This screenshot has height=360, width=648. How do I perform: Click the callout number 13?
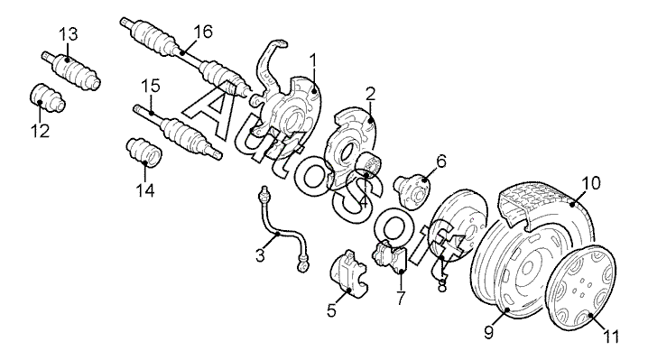[x=69, y=34]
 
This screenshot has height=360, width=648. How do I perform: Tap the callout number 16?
[x=203, y=32]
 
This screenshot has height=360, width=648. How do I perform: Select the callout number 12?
[x=40, y=131]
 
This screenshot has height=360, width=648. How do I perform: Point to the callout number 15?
[x=151, y=87]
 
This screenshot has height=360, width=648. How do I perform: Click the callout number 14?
[x=145, y=190]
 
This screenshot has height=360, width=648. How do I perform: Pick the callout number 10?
[x=591, y=183]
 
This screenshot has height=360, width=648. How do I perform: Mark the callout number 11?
[x=610, y=337]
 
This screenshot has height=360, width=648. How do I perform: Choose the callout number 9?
[x=489, y=332]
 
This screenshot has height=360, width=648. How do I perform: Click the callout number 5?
[x=332, y=310]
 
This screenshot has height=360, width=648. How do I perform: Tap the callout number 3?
[x=260, y=255]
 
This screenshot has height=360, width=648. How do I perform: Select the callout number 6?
[x=441, y=162]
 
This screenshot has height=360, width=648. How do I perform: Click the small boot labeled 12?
[x=48, y=98]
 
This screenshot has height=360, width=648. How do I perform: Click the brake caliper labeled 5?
[x=348, y=273]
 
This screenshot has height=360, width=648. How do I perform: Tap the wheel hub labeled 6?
[x=412, y=188]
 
